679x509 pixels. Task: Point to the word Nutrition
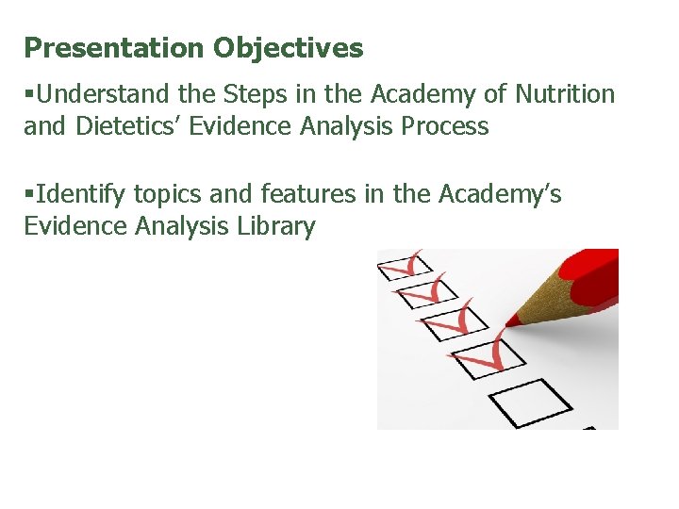[565, 94]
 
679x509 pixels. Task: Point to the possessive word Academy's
[499, 194]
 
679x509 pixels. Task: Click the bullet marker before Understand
[29, 94]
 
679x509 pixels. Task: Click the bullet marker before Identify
[29, 194]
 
